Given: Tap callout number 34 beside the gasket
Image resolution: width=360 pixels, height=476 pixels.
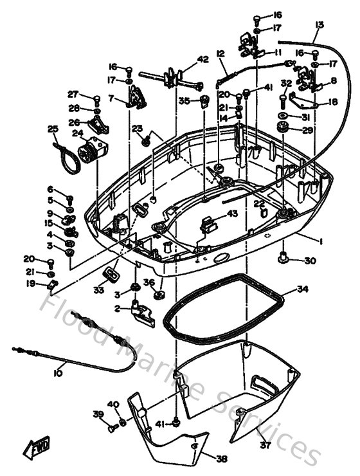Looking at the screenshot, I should (x=302, y=289).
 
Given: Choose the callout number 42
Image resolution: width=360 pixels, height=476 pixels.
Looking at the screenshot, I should (x=203, y=60).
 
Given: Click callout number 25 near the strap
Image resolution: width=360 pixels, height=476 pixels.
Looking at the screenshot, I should (x=53, y=129).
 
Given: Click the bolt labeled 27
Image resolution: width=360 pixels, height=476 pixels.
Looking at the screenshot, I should (x=96, y=100).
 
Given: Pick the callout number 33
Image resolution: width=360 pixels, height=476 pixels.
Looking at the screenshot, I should (x=98, y=291).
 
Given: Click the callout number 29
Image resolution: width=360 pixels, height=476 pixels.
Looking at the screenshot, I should (x=307, y=131).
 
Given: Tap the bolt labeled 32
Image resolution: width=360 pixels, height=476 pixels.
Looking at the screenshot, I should (x=282, y=100).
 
